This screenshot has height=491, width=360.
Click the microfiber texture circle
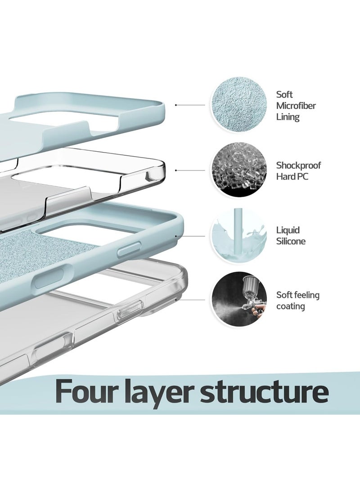tap(239, 104)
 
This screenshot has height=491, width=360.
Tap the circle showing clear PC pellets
tap(239, 170)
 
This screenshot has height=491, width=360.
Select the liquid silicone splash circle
tap(239, 235)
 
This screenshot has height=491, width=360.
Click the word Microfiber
tap(296, 105)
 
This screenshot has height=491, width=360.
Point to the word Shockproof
tap(298, 166)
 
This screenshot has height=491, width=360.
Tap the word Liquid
tap(288, 230)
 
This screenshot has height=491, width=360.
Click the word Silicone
tap(291, 241)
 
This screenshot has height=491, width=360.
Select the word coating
tap(291, 306)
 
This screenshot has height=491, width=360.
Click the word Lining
tap(288, 117)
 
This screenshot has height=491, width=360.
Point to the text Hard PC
tap(292, 176)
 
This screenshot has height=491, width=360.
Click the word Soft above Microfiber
tap(284, 94)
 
